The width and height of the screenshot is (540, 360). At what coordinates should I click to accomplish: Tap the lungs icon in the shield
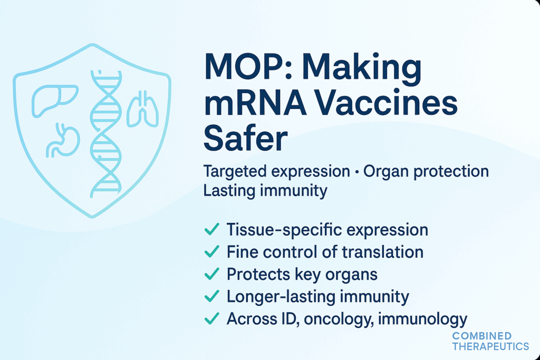click(x=142, y=109)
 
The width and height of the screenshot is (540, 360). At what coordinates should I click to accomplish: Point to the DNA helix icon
click(x=105, y=134)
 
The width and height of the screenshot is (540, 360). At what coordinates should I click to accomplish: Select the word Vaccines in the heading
click(x=386, y=103)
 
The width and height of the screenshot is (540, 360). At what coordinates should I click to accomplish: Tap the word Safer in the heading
click(x=245, y=139)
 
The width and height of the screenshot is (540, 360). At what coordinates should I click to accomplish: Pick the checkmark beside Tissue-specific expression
click(x=212, y=229)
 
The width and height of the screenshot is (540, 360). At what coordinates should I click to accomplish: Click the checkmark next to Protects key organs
click(x=212, y=274)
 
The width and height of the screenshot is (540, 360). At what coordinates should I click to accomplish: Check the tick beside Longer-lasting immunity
click(x=212, y=296)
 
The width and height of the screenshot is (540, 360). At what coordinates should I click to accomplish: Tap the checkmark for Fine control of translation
click(x=212, y=251)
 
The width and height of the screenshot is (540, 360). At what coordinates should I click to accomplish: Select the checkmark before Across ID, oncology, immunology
click(x=212, y=318)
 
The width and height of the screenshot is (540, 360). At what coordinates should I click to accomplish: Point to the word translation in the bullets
click(x=383, y=252)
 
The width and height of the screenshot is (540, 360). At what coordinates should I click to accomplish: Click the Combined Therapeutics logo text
click(x=490, y=341)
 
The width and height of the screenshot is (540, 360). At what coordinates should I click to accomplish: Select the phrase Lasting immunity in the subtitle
click(x=265, y=191)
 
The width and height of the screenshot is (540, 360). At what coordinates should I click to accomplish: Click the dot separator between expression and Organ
click(x=356, y=171)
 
